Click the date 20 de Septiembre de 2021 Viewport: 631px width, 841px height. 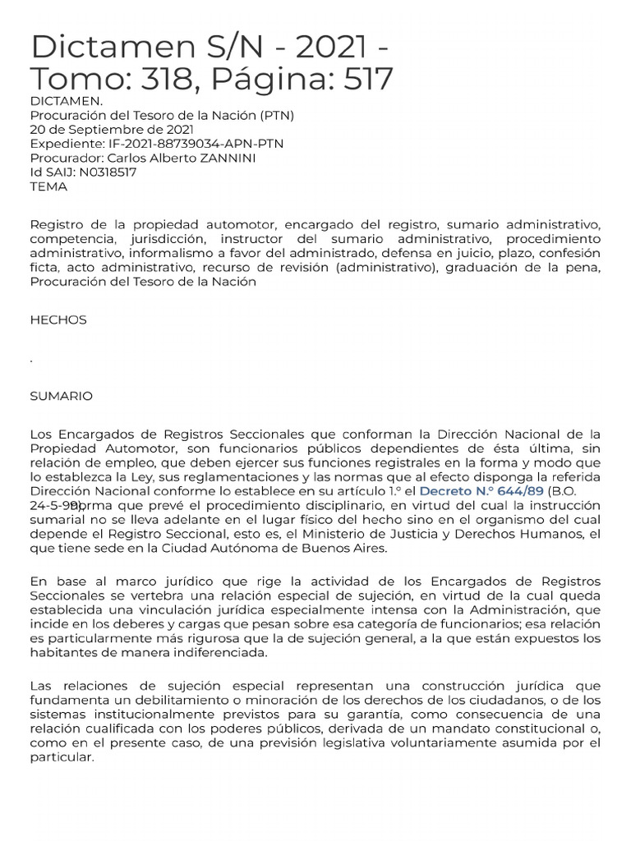click(112, 129)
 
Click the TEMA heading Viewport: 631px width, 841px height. click(48, 186)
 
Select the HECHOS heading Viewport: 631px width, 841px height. click(58, 319)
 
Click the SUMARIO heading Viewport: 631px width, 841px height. click(61, 396)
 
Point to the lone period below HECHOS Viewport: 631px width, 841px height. click(31, 360)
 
